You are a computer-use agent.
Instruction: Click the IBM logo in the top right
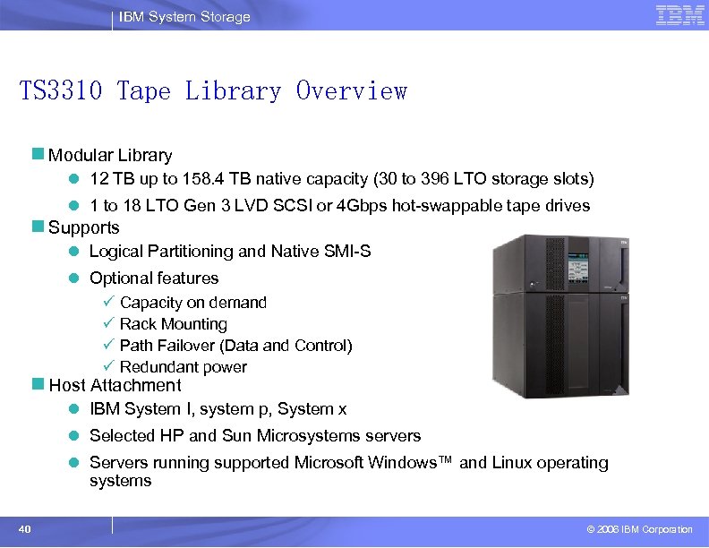point(679,14)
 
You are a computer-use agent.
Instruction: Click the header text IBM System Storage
point(184,17)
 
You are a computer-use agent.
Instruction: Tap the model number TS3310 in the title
point(62,91)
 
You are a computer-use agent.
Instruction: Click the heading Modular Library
point(110,155)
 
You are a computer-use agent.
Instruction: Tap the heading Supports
point(84,227)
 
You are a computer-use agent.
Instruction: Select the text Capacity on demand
point(193,303)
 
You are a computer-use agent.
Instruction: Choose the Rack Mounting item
point(174,324)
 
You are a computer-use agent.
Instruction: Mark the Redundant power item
point(184,367)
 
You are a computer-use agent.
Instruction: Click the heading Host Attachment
point(115,386)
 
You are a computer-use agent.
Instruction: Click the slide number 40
point(25,529)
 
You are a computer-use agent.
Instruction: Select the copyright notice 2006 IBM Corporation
point(639,530)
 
